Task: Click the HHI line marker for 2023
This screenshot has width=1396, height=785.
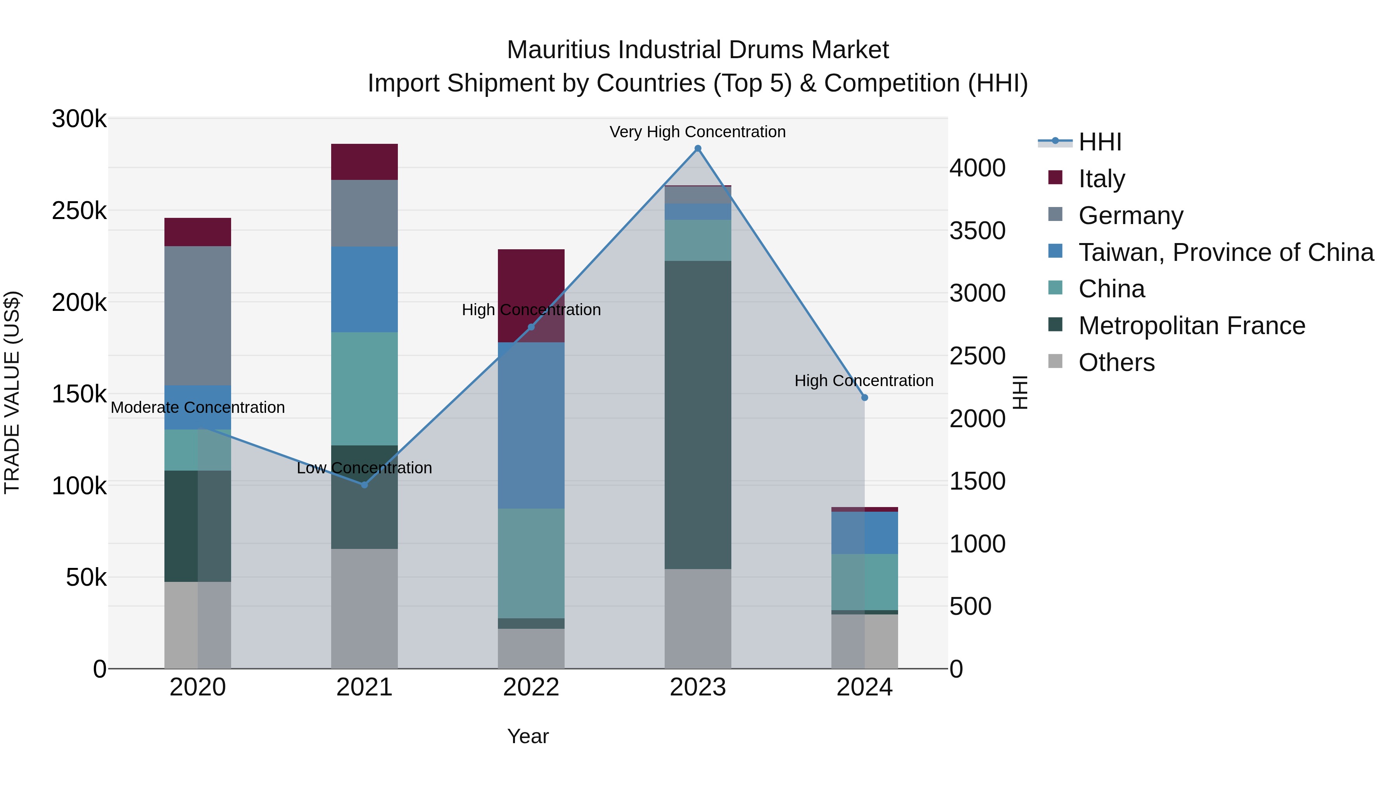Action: pyautogui.click(x=698, y=148)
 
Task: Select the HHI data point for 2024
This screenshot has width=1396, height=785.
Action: pyautogui.click(x=864, y=398)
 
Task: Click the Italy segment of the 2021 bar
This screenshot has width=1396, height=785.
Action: pyautogui.click(x=364, y=161)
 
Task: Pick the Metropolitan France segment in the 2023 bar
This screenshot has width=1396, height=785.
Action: pyautogui.click(x=698, y=414)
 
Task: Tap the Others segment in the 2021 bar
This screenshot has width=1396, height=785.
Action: pyautogui.click(x=364, y=608)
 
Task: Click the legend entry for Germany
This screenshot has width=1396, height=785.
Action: pyautogui.click(x=1130, y=216)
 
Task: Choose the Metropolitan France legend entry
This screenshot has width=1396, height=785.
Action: pyautogui.click(x=1191, y=326)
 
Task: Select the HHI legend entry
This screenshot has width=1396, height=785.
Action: pyautogui.click(x=1100, y=142)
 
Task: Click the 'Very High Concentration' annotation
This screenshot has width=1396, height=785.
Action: pyautogui.click(x=698, y=132)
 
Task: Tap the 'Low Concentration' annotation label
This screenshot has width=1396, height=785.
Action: pyautogui.click(x=364, y=468)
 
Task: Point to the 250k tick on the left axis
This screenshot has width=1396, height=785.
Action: pyautogui.click(x=79, y=211)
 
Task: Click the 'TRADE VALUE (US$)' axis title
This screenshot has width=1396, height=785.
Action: pyautogui.click(x=12, y=392)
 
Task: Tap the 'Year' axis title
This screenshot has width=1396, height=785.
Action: pyautogui.click(x=528, y=736)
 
